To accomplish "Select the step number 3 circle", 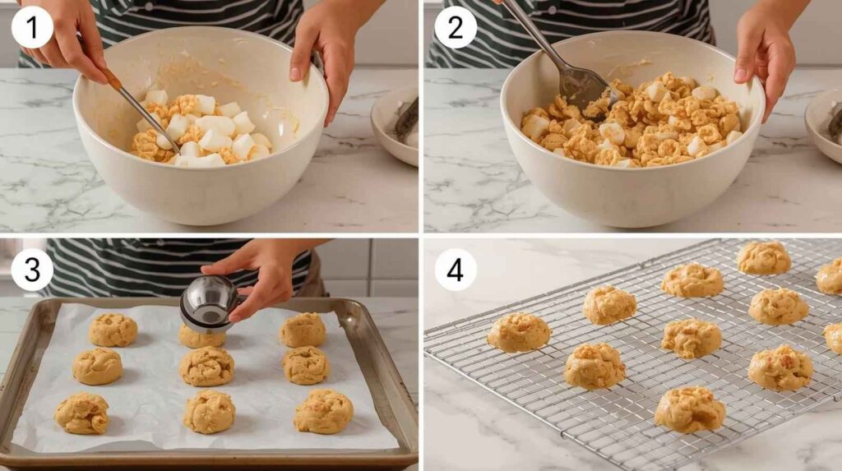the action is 32,269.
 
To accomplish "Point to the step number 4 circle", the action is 456,269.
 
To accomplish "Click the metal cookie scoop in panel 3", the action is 210,303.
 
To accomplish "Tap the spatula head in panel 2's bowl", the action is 586,88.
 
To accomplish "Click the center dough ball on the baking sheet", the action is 207,367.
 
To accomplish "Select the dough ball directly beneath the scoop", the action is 201,338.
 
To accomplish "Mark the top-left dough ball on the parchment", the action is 113,330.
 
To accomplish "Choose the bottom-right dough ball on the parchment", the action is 323,411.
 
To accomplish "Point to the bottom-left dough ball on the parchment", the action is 82,413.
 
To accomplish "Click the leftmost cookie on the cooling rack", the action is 519,332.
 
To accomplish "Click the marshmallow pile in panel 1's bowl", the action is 201,129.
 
